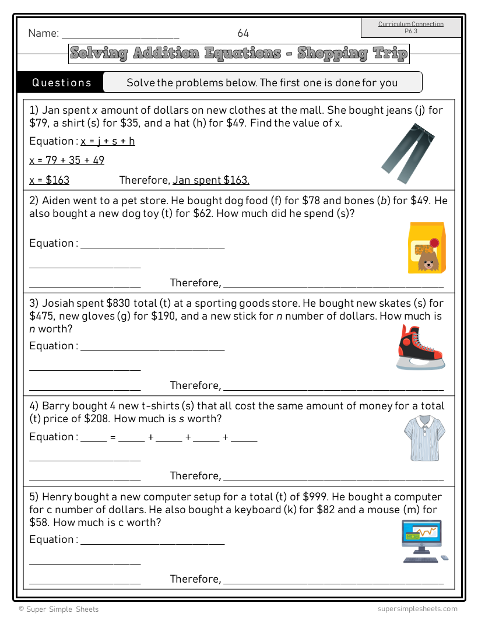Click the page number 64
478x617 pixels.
click(x=243, y=33)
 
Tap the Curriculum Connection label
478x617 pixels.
click(x=411, y=24)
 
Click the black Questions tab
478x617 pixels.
click(x=61, y=82)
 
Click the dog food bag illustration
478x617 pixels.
click(x=427, y=248)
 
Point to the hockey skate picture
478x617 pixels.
click(x=420, y=348)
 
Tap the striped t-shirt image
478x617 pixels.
click(x=424, y=438)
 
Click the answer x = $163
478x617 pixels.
click(x=50, y=180)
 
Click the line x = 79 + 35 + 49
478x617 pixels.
click(x=67, y=160)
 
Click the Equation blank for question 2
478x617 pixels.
click(x=152, y=244)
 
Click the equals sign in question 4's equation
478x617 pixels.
click(x=113, y=437)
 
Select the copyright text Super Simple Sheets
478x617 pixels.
click(x=58, y=609)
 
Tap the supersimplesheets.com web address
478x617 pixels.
click(x=417, y=609)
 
